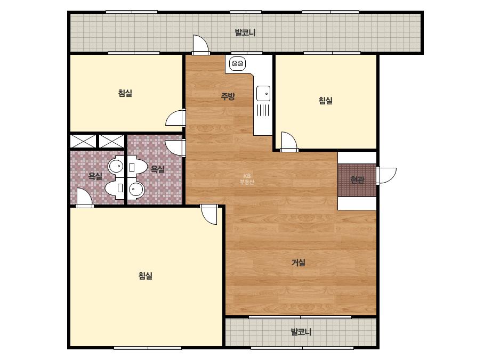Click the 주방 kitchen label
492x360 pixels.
[228, 96]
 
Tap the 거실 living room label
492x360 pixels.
[299, 263]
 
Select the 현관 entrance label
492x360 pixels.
[357, 180]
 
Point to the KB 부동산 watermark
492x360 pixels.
[247, 179]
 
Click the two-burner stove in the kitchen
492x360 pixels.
[237, 64]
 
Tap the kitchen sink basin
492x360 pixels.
[263, 93]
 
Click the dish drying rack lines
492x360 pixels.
[263, 110]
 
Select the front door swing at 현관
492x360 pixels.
[386, 175]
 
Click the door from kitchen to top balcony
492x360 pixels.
[200, 45]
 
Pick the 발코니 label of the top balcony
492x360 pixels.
[245, 32]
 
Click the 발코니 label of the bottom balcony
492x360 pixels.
[301, 332]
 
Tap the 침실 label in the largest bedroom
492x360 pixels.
[146, 276]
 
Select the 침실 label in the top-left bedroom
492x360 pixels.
[125, 93]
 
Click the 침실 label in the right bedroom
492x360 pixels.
[325, 101]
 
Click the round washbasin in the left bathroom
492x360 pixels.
[116, 166]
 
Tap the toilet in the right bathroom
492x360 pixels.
[137, 166]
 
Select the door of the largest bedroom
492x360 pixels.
[209, 215]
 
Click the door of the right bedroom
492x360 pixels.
[289, 142]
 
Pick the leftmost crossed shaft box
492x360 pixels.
[83, 141]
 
